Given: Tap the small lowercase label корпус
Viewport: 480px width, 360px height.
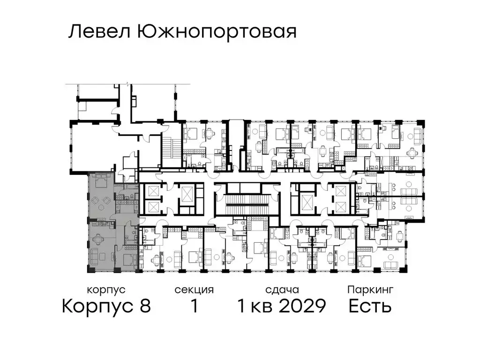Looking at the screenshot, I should pos(106,290).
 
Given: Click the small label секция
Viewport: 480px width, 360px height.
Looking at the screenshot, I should pos(194,290).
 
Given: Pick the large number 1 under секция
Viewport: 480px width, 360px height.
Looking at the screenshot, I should pos(194,306).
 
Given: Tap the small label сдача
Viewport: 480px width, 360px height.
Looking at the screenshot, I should pos(281,290).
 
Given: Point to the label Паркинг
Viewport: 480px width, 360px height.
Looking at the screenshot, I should pos(370,290).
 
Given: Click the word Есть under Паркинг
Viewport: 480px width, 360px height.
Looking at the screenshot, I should pos(370,306).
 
